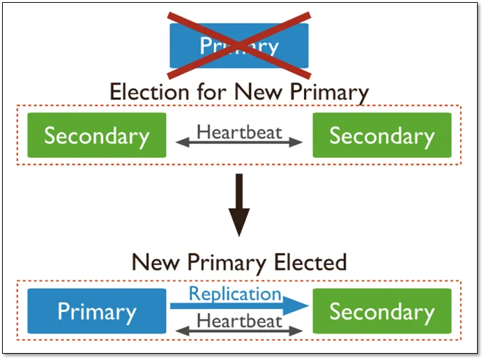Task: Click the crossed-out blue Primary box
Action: pyautogui.click(x=239, y=45)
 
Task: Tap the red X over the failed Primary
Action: pyautogui.click(x=239, y=45)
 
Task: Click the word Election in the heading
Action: pyautogui.click(x=149, y=91)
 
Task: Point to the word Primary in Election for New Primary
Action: pyautogui.click(x=329, y=93)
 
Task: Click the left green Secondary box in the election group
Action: pyautogui.click(x=97, y=135)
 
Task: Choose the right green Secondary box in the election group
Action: pyautogui.click(x=382, y=135)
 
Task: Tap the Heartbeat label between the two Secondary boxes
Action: pyautogui.click(x=239, y=132)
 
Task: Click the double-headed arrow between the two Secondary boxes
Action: pyautogui.click(x=239, y=142)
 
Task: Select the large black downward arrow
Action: pyautogui.click(x=239, y=205)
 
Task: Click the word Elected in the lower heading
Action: pyautogui.click(x=310, y=262)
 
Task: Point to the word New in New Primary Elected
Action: pyautogui.click(x=156, y=262)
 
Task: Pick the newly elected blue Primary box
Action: pyautogui.click(x=97, y=311)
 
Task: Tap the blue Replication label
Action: pyautogui.click(x=235, y=293)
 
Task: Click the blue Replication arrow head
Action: pyautogui.click(x=296, y=306)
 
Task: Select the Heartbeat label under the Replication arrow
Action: pyautogui.click(x=239, y=321)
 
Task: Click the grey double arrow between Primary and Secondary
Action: pyautogui.click(x=239, y=331)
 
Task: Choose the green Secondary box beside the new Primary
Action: pyautogui.click(x=382, y=311)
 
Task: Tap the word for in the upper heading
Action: pyautogui.click(x=212, y=91)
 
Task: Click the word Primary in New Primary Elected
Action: pyautogui.click(x=227, y=264)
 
